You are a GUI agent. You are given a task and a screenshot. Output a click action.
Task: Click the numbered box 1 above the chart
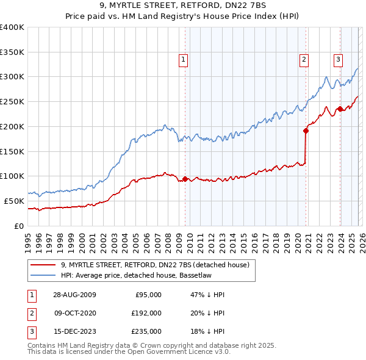pyautogui.click(x=183, y=59)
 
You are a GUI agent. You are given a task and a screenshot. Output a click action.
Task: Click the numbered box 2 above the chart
pyautogui.click(x=303, y=59)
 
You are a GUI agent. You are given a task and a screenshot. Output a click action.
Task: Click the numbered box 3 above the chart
pyautogui.click(x=337, y=59)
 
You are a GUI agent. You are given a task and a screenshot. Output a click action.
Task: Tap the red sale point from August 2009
pyautogui.click(x=185, y=179)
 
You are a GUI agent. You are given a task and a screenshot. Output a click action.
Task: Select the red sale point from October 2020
pyautogui.click(x=305, y=130)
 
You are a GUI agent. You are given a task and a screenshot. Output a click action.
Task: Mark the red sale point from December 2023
pyautogui.click(x=340, y=109)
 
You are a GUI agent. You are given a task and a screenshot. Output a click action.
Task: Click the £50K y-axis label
pyautogui.click(x=14, y=201)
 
